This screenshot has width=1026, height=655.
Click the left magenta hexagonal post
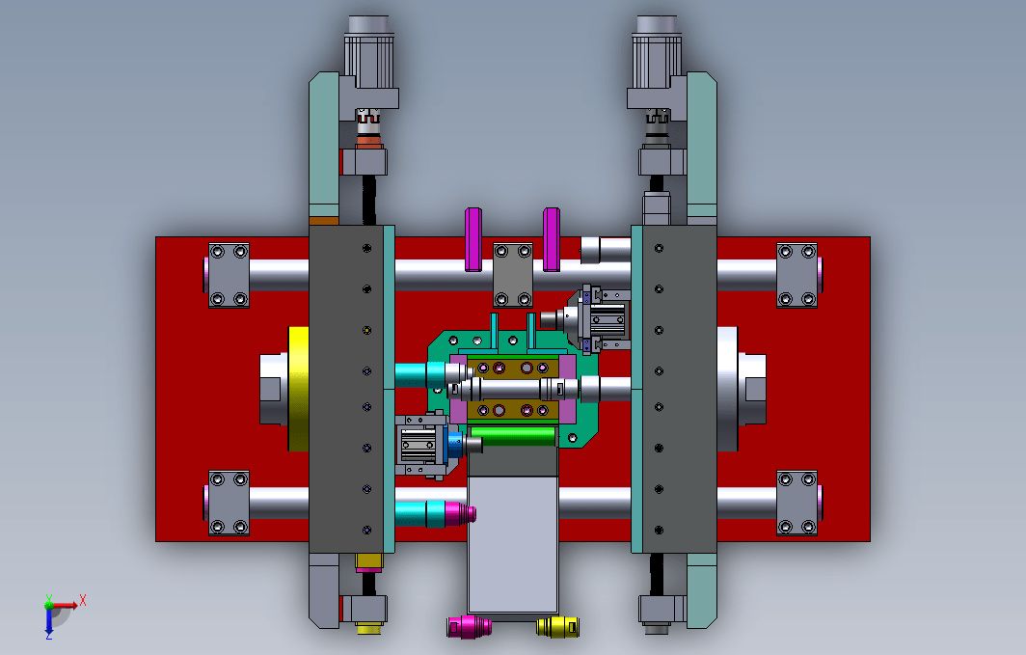[473, 239]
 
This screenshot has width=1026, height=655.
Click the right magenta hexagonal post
[552, 239]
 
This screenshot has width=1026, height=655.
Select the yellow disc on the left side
[298, 389]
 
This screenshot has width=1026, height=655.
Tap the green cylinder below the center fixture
[513, 436]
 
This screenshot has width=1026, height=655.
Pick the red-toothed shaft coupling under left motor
[368, 118]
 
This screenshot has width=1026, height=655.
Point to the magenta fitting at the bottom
[470, 626]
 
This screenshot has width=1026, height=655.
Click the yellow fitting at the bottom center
[557, 626]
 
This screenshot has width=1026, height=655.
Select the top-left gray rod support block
[229, 275]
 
